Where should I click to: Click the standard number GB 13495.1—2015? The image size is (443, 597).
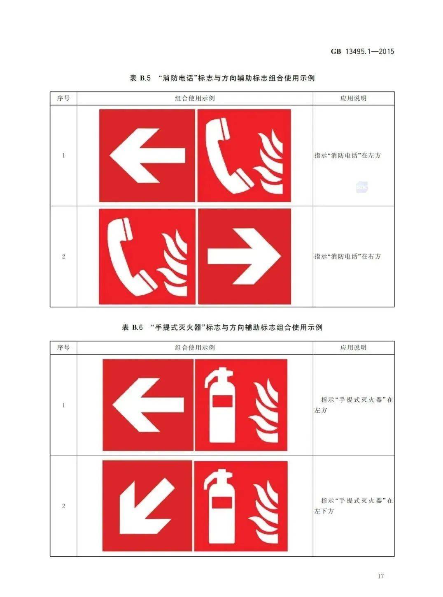coord(362,51)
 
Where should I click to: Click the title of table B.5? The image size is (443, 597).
coord(222,78)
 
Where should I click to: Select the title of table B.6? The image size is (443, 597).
coord(222,327)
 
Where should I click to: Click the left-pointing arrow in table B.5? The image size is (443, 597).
coord(147,155)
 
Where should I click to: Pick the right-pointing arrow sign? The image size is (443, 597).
coord(244,256)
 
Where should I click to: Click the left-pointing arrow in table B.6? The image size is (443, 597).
coord(148,405)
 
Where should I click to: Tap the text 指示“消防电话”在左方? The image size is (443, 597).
coord(347,155)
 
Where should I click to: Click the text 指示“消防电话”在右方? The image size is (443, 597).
coord(347,256)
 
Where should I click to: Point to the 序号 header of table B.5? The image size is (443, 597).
coord(63,98)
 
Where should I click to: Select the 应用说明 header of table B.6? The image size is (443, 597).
coord(353,347)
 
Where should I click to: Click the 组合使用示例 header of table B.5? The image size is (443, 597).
coord(195,98)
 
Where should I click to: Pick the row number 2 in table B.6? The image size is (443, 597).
coord(63,506)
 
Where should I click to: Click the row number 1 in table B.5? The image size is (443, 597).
coord(63,155)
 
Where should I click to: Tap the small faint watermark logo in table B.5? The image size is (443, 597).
coord(362,187)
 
